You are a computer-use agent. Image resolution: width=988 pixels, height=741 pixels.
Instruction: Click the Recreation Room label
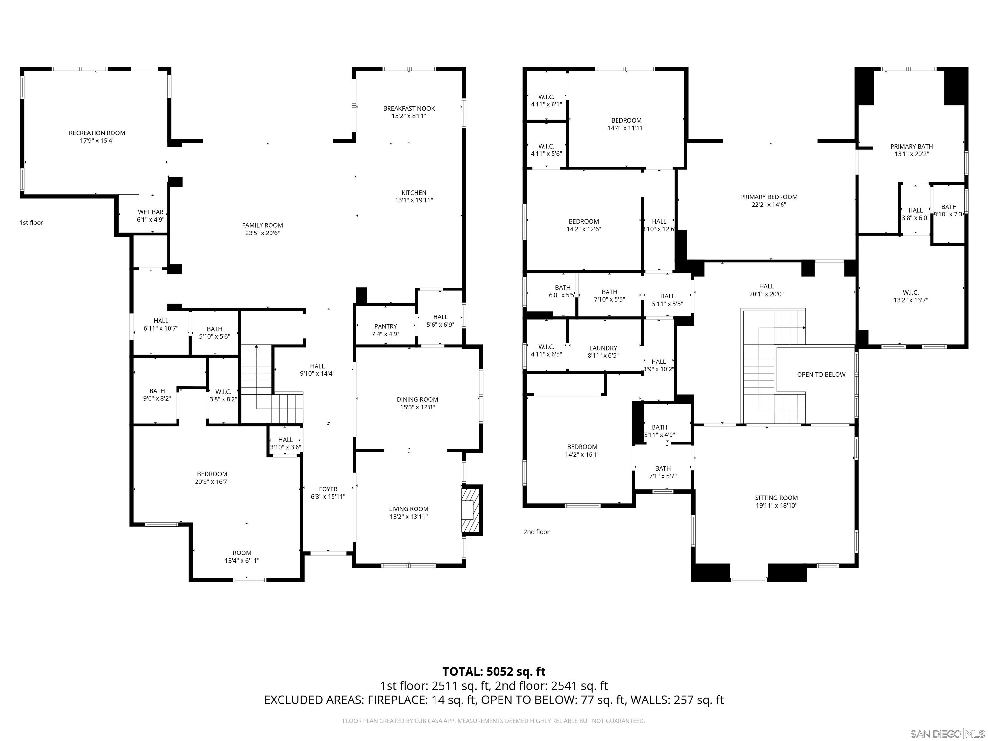(x=97, y=133)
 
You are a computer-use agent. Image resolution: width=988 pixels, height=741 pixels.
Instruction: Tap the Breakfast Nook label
(x=409, y=108)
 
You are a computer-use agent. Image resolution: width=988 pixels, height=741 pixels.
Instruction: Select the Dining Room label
(x=417, y=399)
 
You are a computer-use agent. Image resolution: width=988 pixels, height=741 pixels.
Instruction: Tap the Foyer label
(x=328, y=489)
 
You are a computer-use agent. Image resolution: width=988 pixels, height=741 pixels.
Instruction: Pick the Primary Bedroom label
(x=768, y=197)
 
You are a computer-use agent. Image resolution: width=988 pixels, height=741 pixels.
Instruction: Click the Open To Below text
(x=821, y=375)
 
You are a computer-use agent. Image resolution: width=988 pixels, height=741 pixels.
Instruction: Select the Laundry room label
(x=603, y=348)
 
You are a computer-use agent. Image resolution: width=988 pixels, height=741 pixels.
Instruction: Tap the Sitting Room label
(x=776, y=498)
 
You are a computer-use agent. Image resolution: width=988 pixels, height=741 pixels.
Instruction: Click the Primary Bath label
(x=911, y=147)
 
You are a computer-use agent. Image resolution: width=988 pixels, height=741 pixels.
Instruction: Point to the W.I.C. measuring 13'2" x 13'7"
(x=910, y=297)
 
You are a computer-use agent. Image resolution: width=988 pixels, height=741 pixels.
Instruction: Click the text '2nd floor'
(x=536, y=532)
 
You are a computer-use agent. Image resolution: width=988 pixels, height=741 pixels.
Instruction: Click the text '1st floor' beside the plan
(x=31, y=223)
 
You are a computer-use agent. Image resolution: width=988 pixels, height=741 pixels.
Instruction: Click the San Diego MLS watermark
(x=947, y=734)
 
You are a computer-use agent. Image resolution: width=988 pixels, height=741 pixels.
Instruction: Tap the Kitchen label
(x=414, y=193)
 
